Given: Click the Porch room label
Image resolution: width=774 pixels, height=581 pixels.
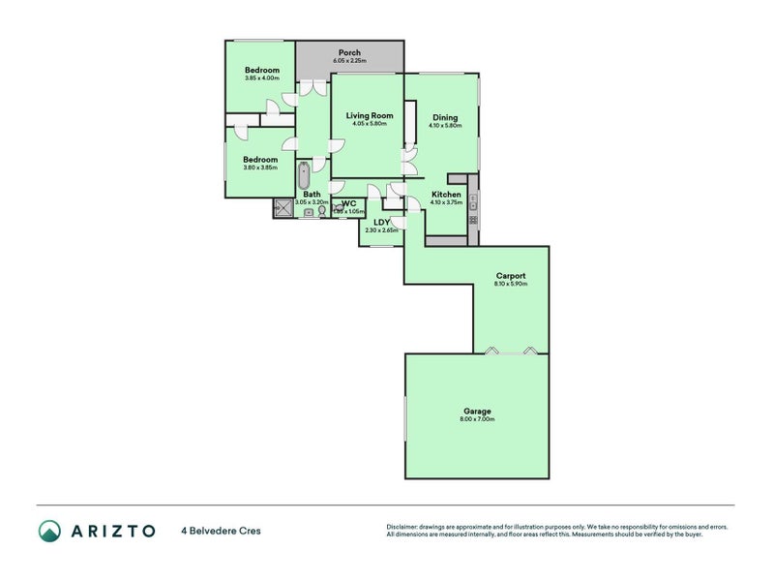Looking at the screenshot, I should pos(348,52).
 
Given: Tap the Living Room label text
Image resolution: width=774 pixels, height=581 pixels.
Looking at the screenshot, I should pos(370,115).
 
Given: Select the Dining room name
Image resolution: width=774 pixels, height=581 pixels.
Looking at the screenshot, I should pos(445,118).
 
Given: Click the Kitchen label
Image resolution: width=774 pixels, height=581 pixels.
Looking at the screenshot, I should pos(446,195).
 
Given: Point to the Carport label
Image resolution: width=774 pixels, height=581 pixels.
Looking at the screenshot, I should pos(510,276).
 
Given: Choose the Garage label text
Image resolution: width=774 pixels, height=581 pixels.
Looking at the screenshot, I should pos(477,411).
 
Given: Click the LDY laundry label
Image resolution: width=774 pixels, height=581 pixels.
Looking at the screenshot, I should pos(381,222).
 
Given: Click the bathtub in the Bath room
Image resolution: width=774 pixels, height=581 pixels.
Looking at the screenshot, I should pos(304,178).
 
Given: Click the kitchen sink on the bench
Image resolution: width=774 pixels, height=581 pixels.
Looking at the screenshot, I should pos(473,201).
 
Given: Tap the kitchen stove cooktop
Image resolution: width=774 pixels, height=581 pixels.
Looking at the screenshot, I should pos(473,221).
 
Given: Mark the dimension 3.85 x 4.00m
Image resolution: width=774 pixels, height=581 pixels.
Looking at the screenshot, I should pos(261,78).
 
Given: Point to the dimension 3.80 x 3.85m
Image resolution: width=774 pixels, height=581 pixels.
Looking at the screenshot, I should pos(259,168).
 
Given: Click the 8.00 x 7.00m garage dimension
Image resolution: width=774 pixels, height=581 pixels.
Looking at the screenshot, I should pos(477,419).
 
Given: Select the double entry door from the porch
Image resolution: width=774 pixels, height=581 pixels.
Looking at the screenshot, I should pos(312,87).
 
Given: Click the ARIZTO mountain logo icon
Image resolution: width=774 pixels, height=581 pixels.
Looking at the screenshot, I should pos(49,531).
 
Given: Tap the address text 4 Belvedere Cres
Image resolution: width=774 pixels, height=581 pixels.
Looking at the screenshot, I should pos(221,531).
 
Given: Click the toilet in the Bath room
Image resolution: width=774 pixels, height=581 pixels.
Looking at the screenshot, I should pos(322,209).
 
